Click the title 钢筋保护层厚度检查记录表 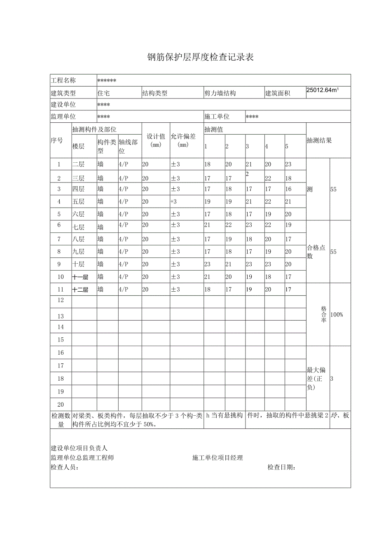[200, 57]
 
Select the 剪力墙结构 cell [220, 94]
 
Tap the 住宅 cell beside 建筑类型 [103, 94]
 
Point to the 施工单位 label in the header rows [217, 117]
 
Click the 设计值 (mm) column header [156, 140]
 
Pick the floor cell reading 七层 [78, 227]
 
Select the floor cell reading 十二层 [80, 290]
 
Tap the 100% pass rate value [337, 315]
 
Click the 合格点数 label [316, 252]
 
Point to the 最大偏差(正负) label [316, 379]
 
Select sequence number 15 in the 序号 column [61, 340]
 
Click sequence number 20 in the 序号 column [61, 405]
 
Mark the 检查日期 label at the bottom [282, 467]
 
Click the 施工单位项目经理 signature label [218, 458]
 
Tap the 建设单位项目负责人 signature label [79, 448]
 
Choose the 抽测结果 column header [319, 140]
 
